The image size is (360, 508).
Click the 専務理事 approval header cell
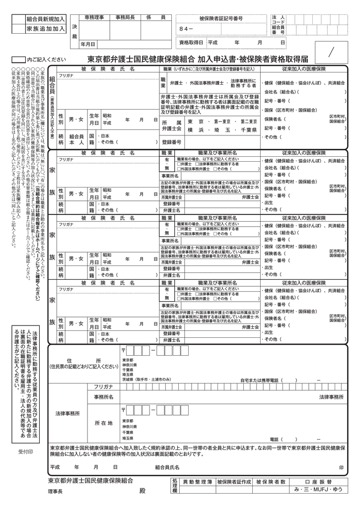(x=94, y=18)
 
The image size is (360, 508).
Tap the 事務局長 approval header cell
(x=125, y=18)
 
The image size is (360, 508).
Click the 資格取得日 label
(x=191, y=43)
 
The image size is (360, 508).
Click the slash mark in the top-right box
(x=331, y=51)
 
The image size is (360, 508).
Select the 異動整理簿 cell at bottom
(x=197, y=482)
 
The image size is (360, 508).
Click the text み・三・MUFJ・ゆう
(x=318, y=490)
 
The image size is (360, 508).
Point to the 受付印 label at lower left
(x=25, y=451)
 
